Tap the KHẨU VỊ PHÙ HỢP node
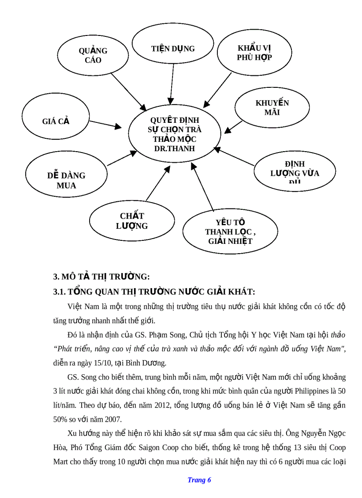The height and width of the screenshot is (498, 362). click(254, 53)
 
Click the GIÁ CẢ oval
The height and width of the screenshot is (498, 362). click(56, 122)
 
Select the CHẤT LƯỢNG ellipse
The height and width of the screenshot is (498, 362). click(132, 221)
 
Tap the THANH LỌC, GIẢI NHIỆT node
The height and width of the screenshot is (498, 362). click(230, 231)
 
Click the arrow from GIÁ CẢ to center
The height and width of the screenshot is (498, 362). click(106, 124)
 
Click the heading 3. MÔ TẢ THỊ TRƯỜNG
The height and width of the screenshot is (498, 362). click(102, 277)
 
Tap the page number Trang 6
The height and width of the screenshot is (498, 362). click(199, 480)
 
